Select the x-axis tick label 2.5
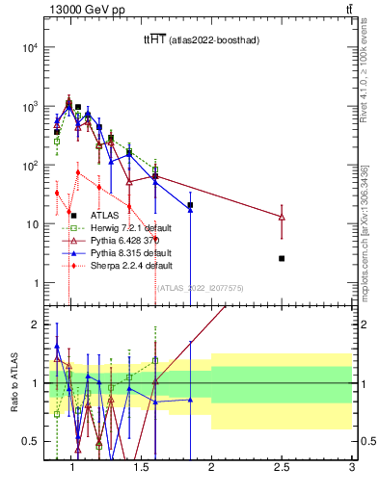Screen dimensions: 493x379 click(282, 466)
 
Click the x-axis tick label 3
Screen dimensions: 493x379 click(352, 466)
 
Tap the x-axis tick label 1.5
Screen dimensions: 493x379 click(141, 466)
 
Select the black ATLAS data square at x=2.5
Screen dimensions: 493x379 click(282, 258)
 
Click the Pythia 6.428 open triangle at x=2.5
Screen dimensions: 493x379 click(282, 217)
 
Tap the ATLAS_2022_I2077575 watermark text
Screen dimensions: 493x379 click(200, 287)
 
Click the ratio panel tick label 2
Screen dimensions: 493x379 click(31, 324)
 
